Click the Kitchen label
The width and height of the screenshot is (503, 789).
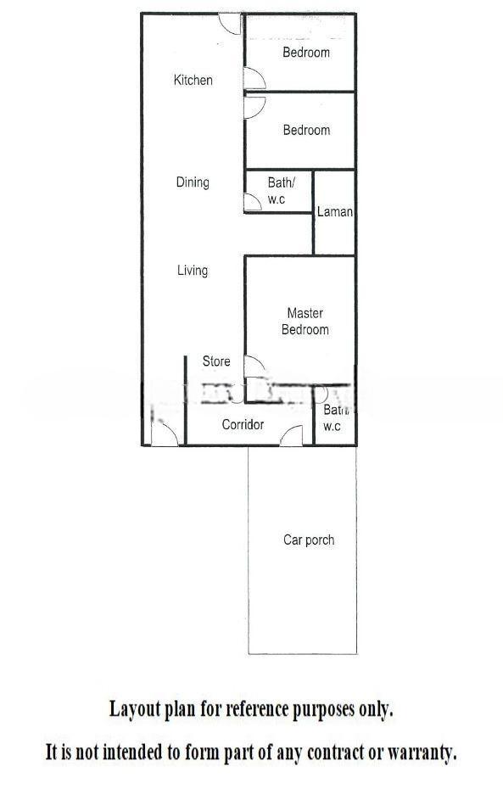(193, 80)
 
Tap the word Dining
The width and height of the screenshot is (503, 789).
(193, 182)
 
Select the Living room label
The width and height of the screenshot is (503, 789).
(193, 271)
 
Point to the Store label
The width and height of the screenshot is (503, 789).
(216, 361)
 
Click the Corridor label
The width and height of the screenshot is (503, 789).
(243, 425)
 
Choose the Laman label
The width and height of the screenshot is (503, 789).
(334, 212)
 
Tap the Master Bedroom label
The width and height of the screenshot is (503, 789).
(305, 322)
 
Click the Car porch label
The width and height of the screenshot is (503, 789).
(309, 540)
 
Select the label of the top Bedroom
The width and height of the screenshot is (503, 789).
(306, 53)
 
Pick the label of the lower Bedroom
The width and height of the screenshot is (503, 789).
(306, 131)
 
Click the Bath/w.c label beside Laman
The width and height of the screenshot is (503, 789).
(281, 191)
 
